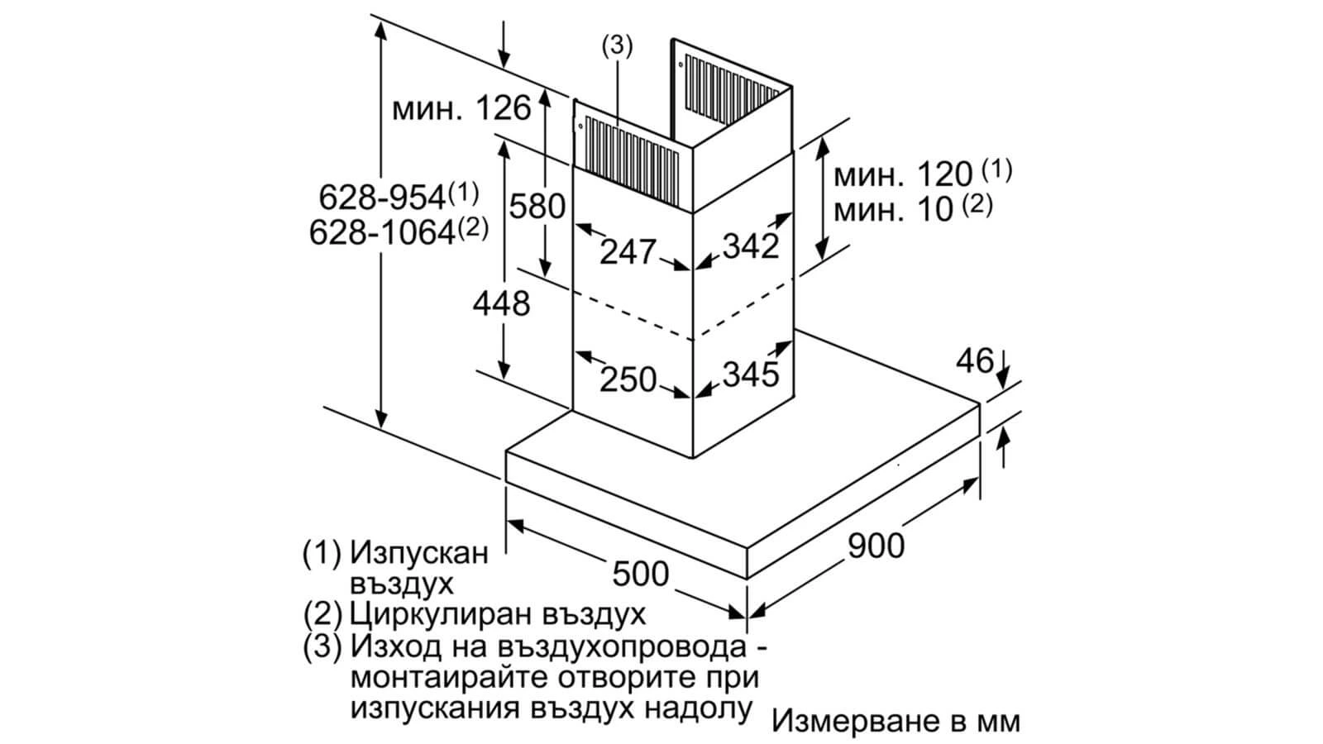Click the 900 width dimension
876,546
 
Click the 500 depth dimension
641,571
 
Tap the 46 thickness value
973,360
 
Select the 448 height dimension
501,303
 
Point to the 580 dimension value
537,206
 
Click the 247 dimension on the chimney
628,251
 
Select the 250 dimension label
628,379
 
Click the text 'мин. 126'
461,108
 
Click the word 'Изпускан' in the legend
419,553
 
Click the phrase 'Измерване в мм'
896,721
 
